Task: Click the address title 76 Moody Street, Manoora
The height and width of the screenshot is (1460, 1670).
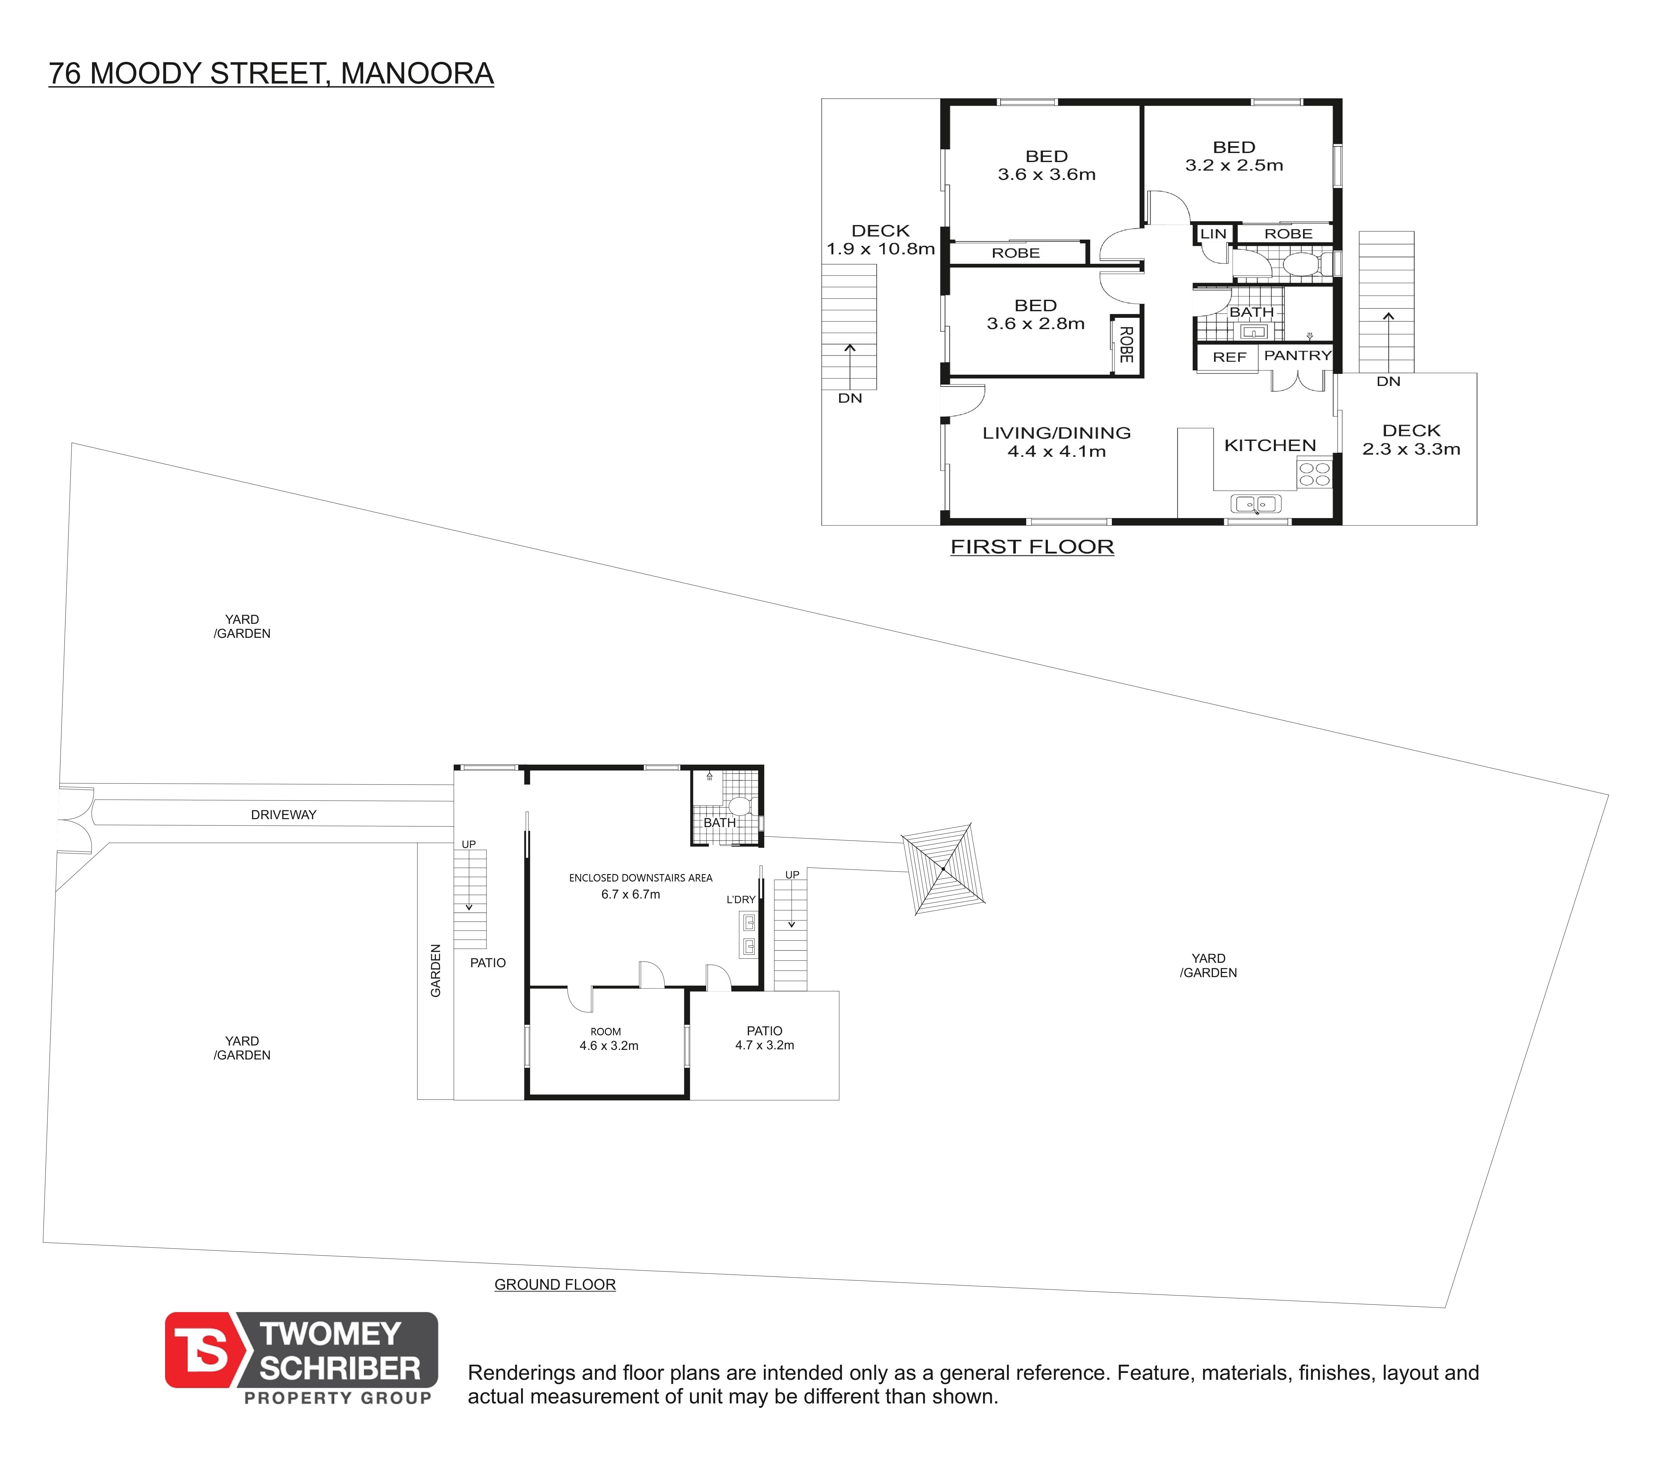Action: pyautogui.click(x=271, y=73)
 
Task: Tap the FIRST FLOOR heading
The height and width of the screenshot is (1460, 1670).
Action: pyautogui.click(x=1032, y=547)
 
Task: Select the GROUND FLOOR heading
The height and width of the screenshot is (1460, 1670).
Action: pyautogui.click(x=555, y=1284)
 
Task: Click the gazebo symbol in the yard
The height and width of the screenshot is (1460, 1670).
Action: pyautogui.click(x=943, y=869)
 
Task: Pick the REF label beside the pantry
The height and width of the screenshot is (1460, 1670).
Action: pyautogui.click(x=1229, y=357)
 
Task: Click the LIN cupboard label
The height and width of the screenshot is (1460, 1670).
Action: pyautogui.click(x=1213, y=234)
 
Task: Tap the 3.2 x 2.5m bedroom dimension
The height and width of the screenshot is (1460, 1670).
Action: pyautogui.click(x=1234, y=165)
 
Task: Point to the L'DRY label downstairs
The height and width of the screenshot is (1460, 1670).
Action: pyautogui.click(x=741, y=899)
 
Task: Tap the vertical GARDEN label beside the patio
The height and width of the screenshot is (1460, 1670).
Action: pyautogui.click(x=436, y=970)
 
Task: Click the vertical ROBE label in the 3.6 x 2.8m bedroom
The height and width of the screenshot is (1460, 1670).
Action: pyautogui.click(x=1126, y=345)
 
